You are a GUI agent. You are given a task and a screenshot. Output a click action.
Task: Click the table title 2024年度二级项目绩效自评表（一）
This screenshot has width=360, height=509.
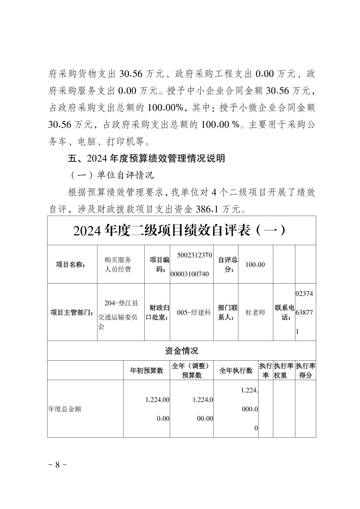(181, 231)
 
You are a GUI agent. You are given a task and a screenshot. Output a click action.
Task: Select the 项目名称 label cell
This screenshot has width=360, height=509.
(70, 265)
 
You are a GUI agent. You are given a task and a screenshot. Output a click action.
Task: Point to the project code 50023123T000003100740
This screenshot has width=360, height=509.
(191, 265)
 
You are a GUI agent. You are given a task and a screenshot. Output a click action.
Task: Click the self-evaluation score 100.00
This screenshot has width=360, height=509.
(255, 265)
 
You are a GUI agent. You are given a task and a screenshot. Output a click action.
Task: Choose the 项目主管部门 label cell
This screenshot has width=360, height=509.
(72, 312)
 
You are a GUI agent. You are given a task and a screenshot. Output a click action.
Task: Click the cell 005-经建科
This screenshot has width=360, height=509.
(191, 312)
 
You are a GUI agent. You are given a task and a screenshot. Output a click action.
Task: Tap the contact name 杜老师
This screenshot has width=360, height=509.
(255, 312)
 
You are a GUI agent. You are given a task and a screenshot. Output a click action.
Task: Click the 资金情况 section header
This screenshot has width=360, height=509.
(181, 351)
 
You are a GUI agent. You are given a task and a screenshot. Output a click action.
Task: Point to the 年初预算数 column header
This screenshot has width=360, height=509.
(146, 370)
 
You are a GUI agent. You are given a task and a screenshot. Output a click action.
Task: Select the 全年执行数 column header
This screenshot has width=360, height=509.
(236, 370)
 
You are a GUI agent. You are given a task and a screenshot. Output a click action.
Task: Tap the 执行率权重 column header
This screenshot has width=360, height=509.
(284, 370)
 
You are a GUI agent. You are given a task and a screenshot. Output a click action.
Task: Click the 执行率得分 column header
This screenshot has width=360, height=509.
(305, 370)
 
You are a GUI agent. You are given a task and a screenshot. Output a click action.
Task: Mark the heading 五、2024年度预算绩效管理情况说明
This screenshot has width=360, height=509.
(147, 158)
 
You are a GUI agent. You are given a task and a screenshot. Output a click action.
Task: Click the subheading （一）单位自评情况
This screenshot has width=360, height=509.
(112, 175)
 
